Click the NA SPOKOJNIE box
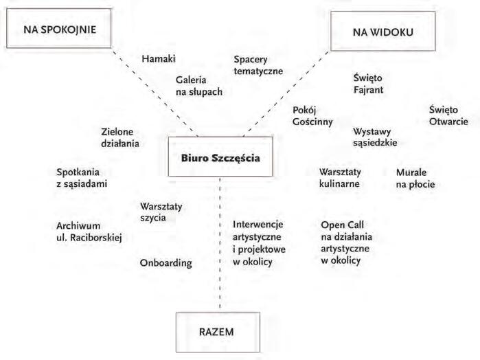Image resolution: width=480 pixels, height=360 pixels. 60,29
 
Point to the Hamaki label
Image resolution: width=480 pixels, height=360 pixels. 159,59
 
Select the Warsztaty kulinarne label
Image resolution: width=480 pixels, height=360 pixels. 340,178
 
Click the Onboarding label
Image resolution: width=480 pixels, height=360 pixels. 165,262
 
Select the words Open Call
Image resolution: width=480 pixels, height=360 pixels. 342,224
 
